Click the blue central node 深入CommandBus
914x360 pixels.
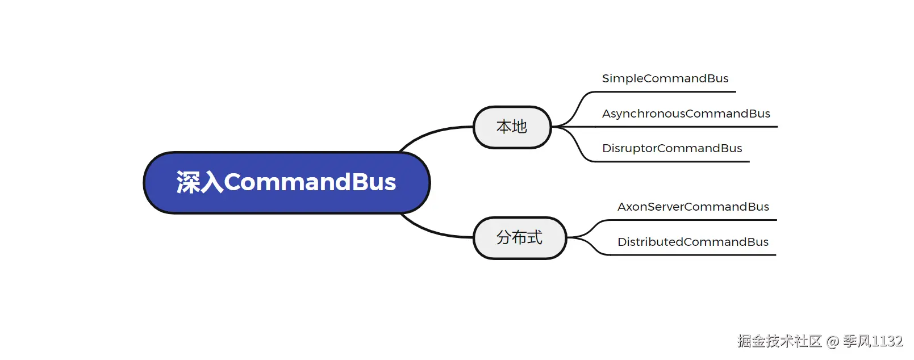pyautogui.click(x=287, y=183)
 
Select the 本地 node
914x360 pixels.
pyautogui.click(x=512, y=127)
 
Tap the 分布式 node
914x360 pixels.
pyautogui.click(x=520, y=238)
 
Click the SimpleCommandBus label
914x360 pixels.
pyautogui.click(x=665, y=78)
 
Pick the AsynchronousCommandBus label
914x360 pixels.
pyautogui.click(x=686, y=114)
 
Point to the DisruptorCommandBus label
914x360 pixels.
pyautogui.click(x=672, y=148)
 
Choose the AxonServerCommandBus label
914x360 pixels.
pyautogui.click(x=693, y=207)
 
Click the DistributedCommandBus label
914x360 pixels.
pyautogui.click(x=693, y=242)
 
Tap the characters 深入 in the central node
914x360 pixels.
pyautogui.click(x=200, y=182)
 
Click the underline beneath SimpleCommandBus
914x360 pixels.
pyautogui.click(x=665, y=92)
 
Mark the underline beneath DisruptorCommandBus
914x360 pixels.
pyautogui.click(x=672, y=161)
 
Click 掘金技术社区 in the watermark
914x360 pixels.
pyautogui.click(x=779, y=341)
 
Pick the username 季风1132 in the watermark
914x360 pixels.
pyautogui.click(x=873, y=341)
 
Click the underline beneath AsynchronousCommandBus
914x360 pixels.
pyautogui.click(x=686, y=127)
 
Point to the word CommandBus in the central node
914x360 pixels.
pyautogui.click(x=310, y=182)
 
